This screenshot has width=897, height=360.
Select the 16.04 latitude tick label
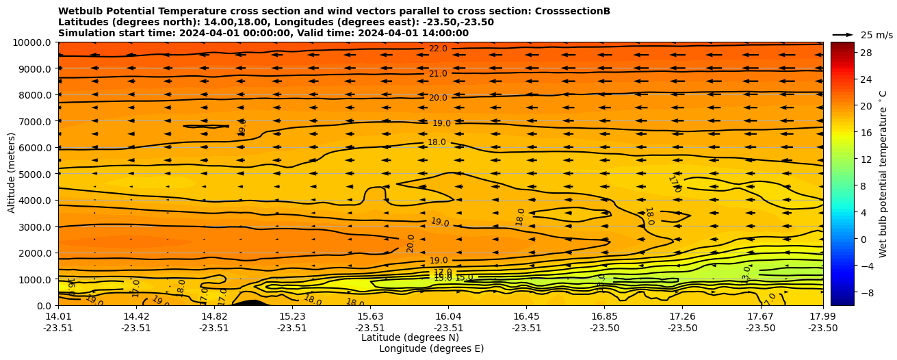[447, 316]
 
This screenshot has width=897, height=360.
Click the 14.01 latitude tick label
[58, 316]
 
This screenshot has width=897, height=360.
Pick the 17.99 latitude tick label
[822, 316]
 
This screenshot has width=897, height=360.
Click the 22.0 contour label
[438, 49]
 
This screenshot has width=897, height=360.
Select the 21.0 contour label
[438, 74]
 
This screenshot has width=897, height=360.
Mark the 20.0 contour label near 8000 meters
[438, 98]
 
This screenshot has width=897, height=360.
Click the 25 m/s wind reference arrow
[843, 34]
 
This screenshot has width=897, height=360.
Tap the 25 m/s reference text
[876, 35]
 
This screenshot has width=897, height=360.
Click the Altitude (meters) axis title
[12, 174]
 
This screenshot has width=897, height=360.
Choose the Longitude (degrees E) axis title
[431, 348]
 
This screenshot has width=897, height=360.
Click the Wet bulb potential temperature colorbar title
[883, 174]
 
